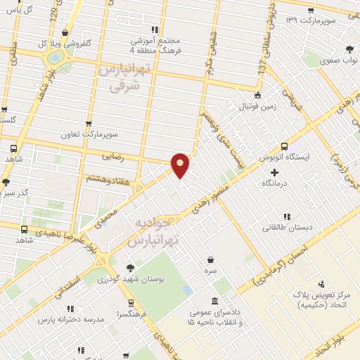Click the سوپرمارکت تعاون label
pyautogui.click(x=107, y=134)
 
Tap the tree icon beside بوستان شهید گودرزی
pyautogui.click(x=129, y=267)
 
